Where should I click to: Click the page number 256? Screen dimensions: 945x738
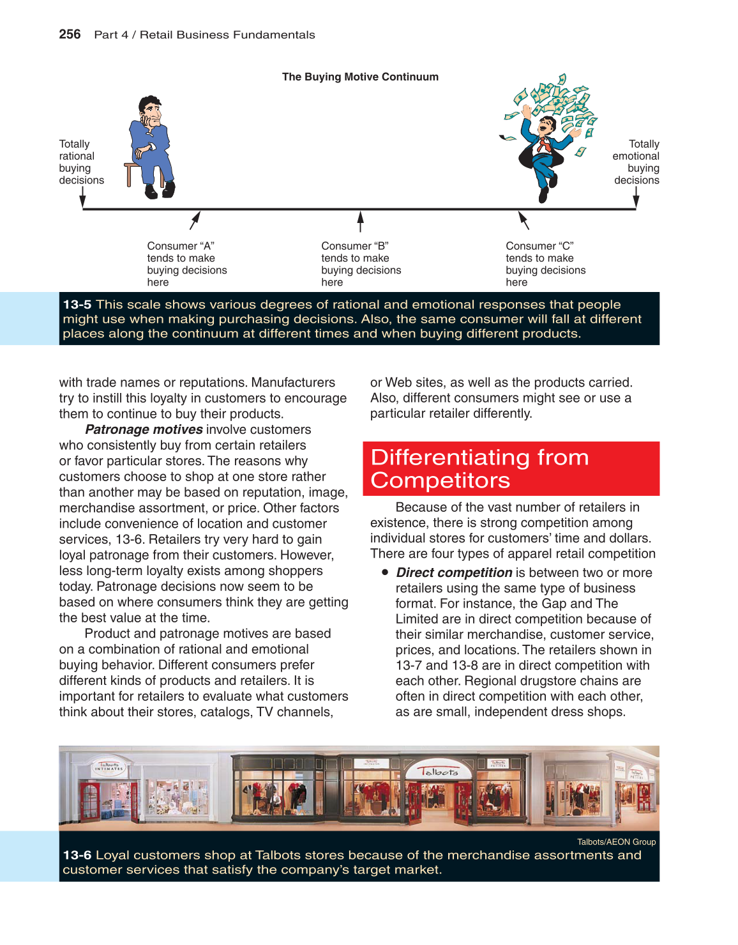70,35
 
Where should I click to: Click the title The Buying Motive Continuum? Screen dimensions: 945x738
360,77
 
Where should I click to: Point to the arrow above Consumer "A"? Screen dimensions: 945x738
195,220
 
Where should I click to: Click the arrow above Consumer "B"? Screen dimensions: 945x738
361,221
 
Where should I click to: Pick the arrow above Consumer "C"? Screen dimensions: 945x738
523,220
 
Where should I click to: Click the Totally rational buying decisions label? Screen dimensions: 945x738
81,162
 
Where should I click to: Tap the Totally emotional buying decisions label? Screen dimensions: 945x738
636,162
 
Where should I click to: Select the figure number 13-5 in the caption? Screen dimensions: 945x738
77,305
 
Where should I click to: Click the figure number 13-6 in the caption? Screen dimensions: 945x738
77,855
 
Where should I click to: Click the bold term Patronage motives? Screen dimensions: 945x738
144,429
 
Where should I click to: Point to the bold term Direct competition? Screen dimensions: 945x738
454,572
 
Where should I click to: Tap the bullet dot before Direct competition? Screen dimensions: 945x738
385,572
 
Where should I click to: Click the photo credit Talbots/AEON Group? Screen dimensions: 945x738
616,841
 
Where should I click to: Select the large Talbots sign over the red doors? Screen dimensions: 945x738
438,771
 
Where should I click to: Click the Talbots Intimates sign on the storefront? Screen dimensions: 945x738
109,766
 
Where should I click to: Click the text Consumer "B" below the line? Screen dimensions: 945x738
355,246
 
